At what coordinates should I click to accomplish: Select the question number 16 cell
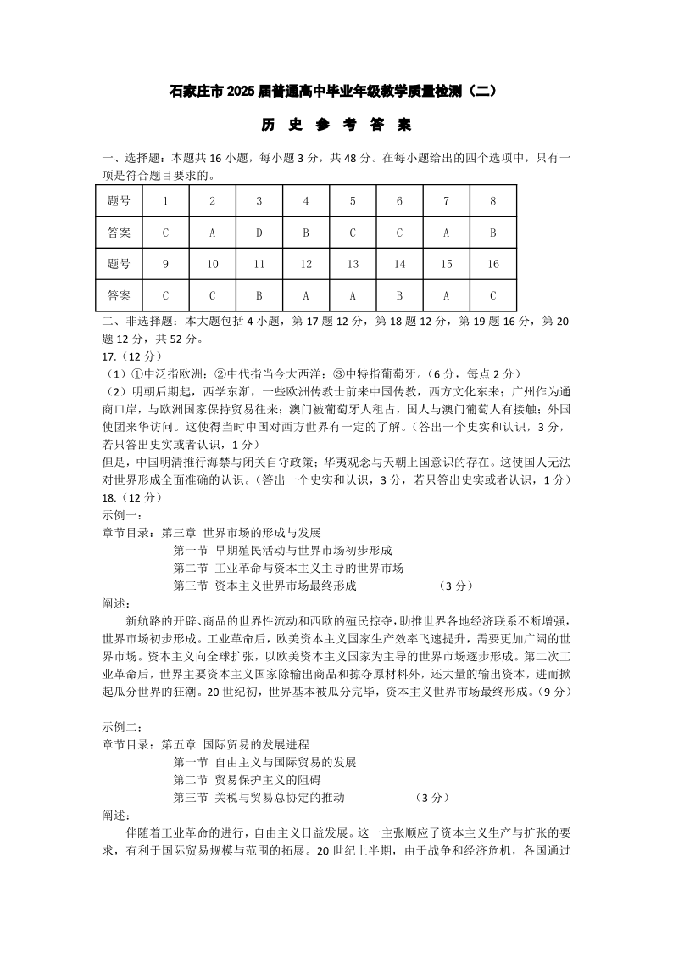point(493,264)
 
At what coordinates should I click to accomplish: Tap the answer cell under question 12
point(306,295)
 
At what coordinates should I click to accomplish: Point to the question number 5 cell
point(353,201)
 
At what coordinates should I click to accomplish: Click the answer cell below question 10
point(213,295)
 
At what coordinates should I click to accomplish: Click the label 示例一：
point(122,515)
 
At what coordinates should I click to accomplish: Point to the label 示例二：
point(122,727)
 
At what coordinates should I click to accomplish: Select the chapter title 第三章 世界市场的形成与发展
point(241,533)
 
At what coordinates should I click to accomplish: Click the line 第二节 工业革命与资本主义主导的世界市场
point(288,568)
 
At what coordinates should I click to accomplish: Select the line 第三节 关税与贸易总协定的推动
point(259,798)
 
